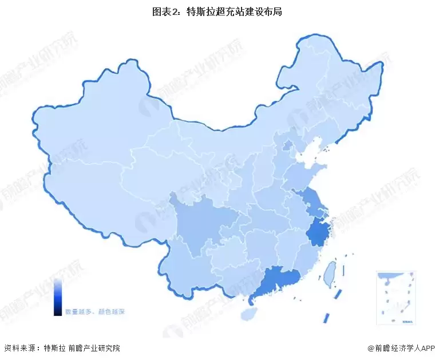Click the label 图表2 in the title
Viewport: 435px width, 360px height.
pos(166,11)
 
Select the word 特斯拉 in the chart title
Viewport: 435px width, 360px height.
pos(199,11)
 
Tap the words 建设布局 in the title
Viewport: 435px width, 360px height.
pos(264,11)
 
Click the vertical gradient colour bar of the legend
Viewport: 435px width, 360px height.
pos(58,296)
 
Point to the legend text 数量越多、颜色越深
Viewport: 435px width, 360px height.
pos(94,312)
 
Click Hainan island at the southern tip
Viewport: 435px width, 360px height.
pos(248,314)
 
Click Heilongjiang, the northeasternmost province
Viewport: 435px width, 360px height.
pos(343,86)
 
